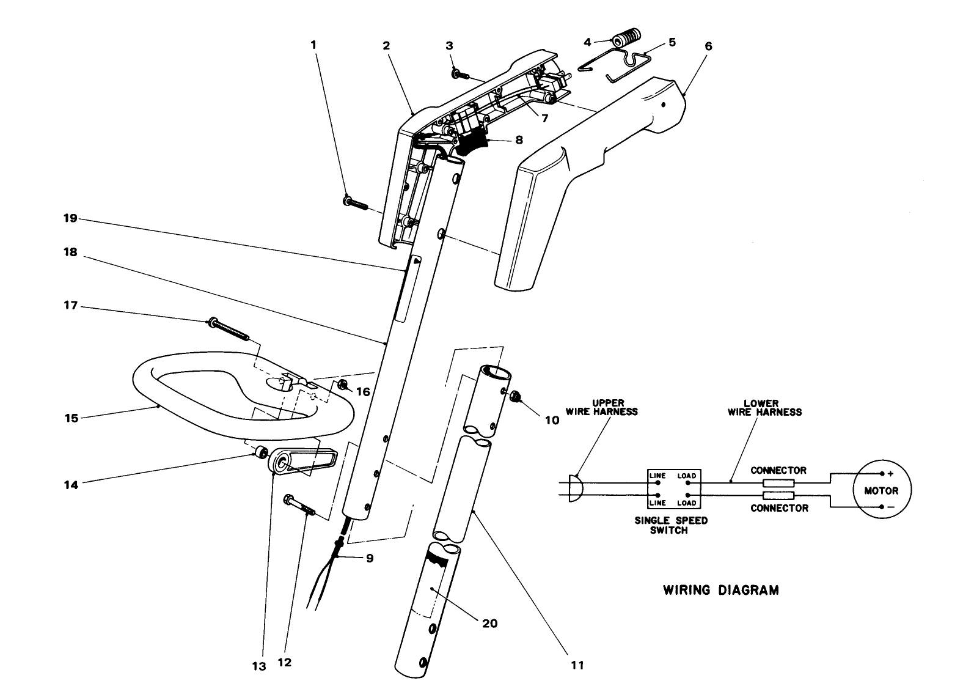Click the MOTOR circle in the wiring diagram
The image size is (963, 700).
(881, 490)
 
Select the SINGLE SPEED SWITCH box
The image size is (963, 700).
(674, 489)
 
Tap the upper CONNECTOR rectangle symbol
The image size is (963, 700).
(778, 482)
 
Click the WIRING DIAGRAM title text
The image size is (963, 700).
(720, 590)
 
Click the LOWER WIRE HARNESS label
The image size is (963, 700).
(764, 407)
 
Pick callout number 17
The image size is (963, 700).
(71, 305)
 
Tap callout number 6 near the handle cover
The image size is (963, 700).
(708, 46)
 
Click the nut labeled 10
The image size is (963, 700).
(516, 397)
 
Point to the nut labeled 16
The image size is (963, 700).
(343, 385)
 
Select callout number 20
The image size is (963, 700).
(490, 623)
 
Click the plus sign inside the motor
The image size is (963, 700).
(890, 474)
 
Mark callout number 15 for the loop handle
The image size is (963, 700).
(71, 418)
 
